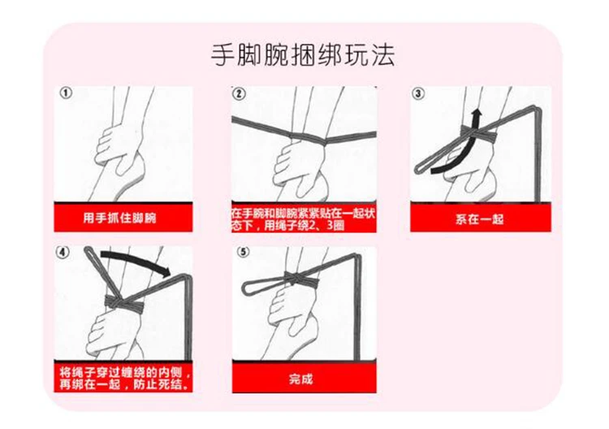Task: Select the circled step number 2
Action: [x=239, y=93]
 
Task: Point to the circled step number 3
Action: [x=419, y=93]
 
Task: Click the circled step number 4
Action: [x=65, y=251]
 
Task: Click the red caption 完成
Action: [x=300, y=379]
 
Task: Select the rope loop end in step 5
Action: [x=252, y=286]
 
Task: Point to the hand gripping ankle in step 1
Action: [x=114, y=146]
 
